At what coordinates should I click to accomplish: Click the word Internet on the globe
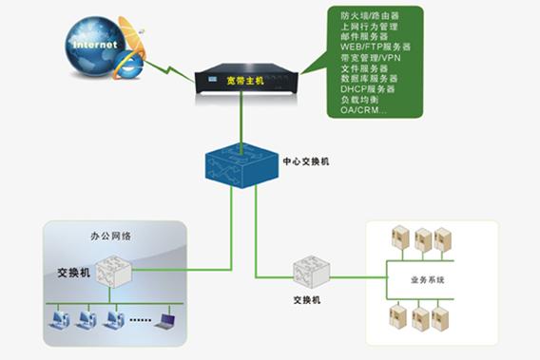coord(95,45)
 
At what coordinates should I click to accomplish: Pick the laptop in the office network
coord(168,320)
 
